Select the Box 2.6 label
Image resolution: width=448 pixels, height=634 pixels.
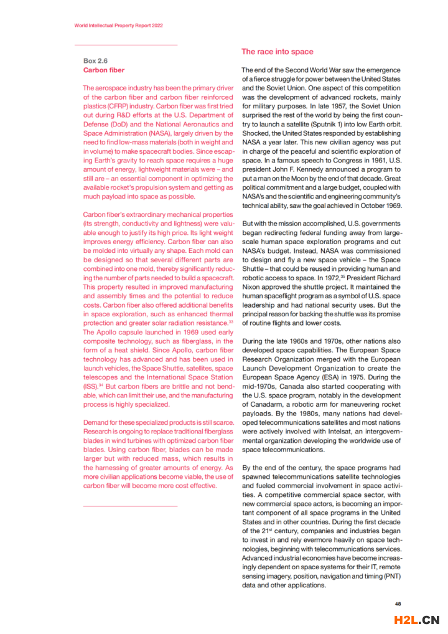pos(95,61)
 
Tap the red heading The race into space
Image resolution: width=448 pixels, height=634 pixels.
pos(278,52)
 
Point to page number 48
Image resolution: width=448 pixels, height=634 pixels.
pos(398,603)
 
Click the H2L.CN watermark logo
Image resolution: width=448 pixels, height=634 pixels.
pos(417,620)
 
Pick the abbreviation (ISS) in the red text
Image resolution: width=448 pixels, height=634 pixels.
pos(90,386)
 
